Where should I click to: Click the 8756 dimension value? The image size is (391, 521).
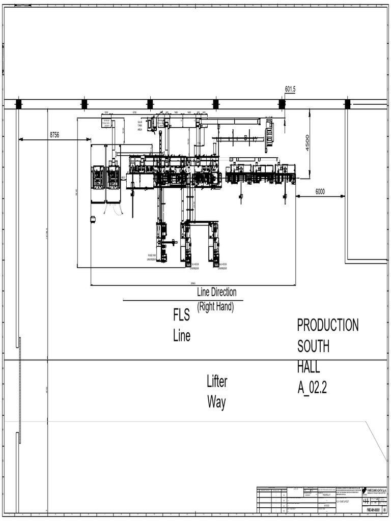tap(54, 135)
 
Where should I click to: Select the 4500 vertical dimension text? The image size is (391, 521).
tap(308, 142)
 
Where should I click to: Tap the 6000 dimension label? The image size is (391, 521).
tap(320, 192)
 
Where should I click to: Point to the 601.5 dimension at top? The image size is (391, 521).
tap(290, 90)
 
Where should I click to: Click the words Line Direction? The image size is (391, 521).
tap(217, 293)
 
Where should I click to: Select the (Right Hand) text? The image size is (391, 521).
tap(215, 307)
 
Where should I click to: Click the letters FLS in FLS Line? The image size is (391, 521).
tap(181, 316)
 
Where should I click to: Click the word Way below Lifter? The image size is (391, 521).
tap(216, 402)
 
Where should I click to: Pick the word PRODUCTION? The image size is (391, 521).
tap(328, 325)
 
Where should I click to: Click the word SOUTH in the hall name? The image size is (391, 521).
tap(313, 346)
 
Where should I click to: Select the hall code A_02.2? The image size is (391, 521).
tap(312, 388)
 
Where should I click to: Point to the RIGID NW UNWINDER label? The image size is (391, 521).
tap(151, 257)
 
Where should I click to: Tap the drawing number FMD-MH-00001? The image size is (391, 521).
tap(373, 509)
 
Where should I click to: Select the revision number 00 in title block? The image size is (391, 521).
tap(384, 509)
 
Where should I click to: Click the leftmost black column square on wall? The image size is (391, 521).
tap(19, 104)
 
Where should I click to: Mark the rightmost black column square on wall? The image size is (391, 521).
tap(347, 104)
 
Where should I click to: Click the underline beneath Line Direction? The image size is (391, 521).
tap(183, 300)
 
